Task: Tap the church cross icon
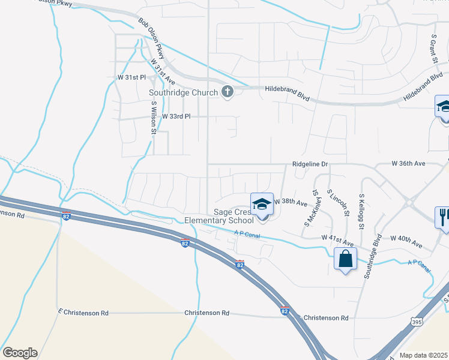pos(228,92)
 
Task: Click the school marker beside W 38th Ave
pos(262,204)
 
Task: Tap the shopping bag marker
pos(346,259)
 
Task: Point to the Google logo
pos(20,353)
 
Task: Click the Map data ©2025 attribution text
pos(424,355)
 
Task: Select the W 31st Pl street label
pos(131,78)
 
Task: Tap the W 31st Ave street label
pos(163,71)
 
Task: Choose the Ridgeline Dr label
pos(310,163)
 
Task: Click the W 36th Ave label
pos(408,163)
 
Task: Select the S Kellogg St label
pos(362,211)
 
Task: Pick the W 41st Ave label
pos(336,238)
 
